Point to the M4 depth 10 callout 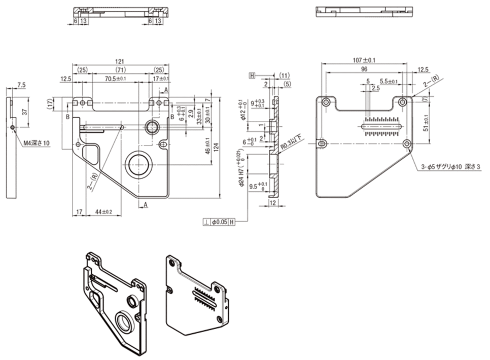(37, 143)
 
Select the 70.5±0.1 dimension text (116, 79)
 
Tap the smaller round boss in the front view (151, 126)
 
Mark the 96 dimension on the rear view (364, 69)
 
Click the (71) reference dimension (121, 69)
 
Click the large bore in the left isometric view (124, 321)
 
